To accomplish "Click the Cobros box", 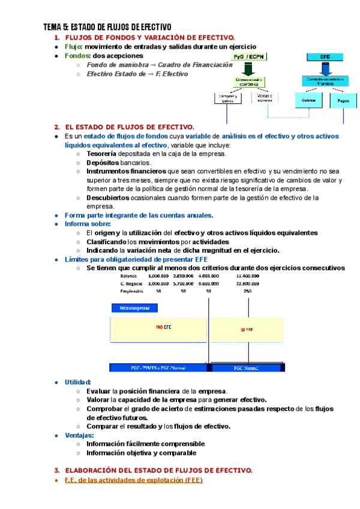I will (x=309, y=101).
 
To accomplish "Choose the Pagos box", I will (x=343, y=101).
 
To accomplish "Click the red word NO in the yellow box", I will (x=159, y=327).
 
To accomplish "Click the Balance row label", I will (x=129, y=276).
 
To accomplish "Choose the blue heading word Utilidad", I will (x=78, y=382).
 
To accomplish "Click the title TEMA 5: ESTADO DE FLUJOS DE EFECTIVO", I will (x=107, y=27).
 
